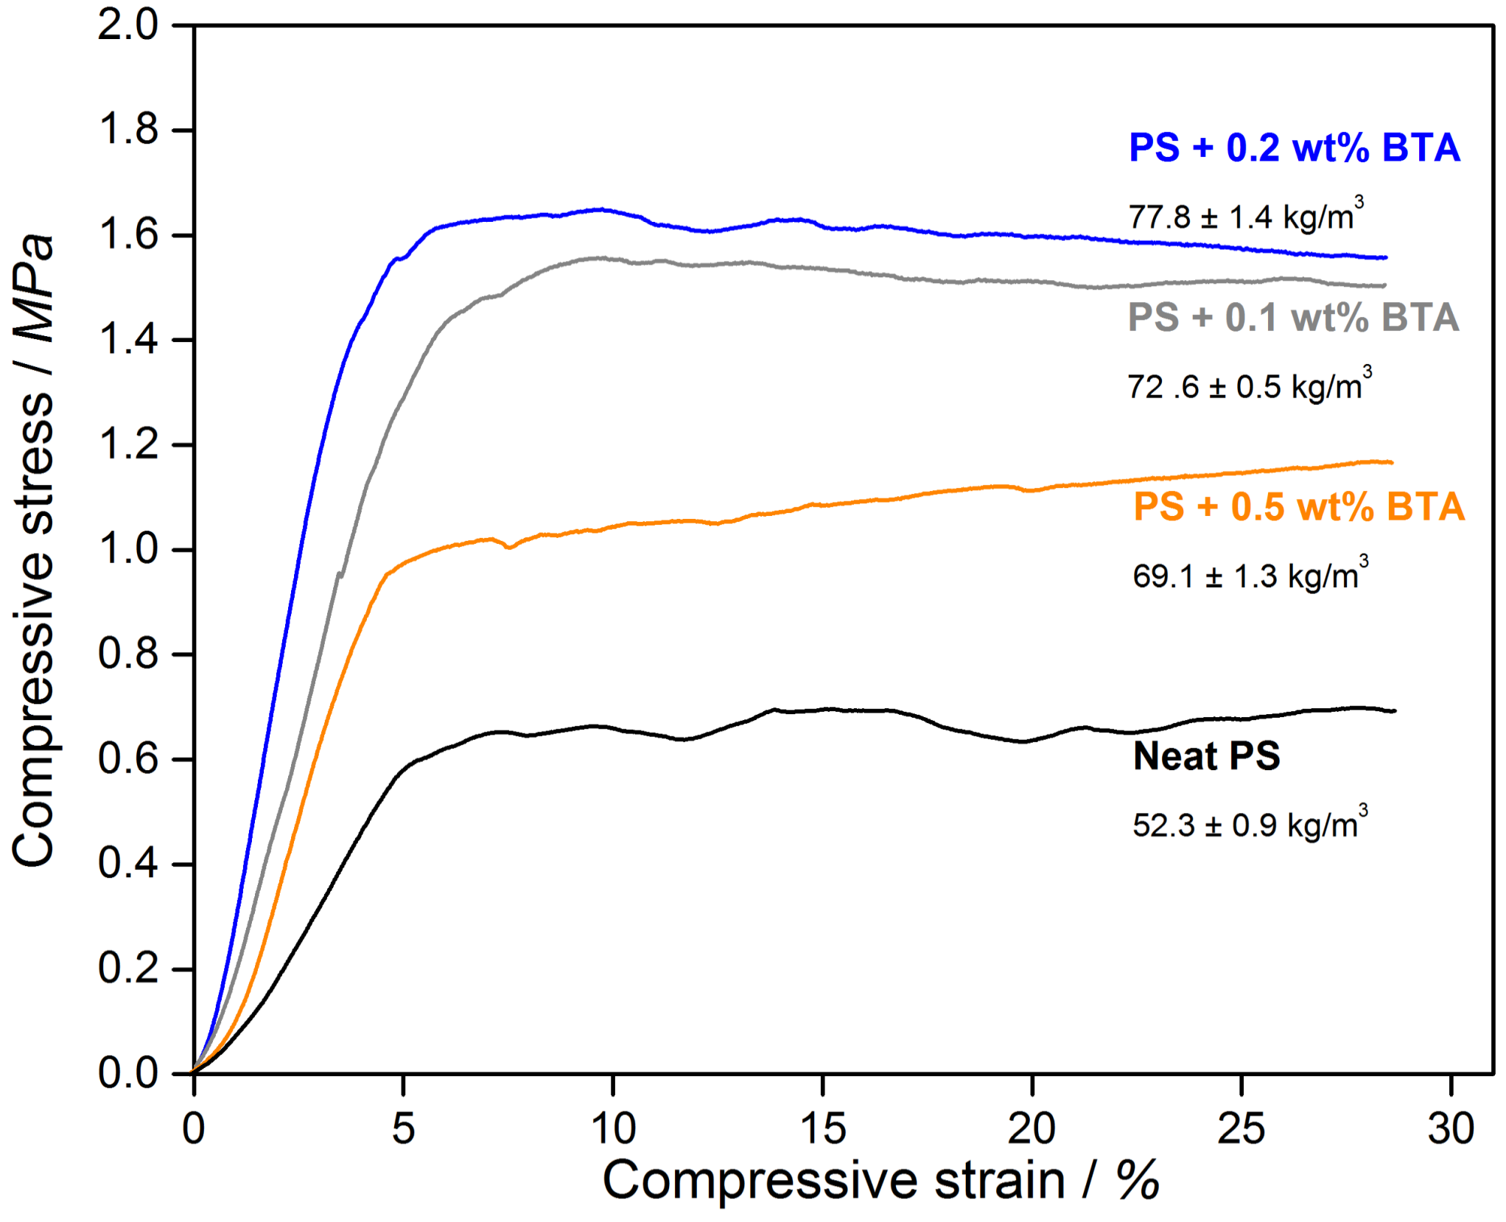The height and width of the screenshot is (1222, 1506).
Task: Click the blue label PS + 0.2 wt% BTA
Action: point(1294,147)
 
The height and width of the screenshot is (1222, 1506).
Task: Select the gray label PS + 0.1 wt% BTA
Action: point(1293,318)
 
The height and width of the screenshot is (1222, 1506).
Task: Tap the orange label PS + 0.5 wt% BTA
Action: point(1298,507)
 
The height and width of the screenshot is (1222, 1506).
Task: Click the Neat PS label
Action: point(1206,756)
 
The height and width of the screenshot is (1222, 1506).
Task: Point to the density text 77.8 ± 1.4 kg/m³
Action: point(1245,216)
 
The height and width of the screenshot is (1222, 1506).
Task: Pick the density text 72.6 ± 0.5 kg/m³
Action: point(1249,386)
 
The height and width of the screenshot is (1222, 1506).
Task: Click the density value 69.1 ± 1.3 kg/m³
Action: point(1250,576)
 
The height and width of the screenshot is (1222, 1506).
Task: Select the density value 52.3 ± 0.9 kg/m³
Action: point(1250,825)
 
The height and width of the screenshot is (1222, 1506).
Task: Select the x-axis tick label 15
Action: point(822,1128)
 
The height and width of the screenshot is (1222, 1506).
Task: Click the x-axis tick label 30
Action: point(1450,1128)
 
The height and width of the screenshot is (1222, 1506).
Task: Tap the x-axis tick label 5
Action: point(403,1128)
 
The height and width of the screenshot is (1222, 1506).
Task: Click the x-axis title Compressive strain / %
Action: point(880,1181)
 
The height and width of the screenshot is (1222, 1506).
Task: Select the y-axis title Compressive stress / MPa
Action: point(33,549)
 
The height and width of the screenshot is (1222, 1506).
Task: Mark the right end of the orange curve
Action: point(1391,462)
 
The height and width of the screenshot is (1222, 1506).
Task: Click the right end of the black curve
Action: point(1394,710)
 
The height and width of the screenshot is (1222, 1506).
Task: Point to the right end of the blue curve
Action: point(1385,258)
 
